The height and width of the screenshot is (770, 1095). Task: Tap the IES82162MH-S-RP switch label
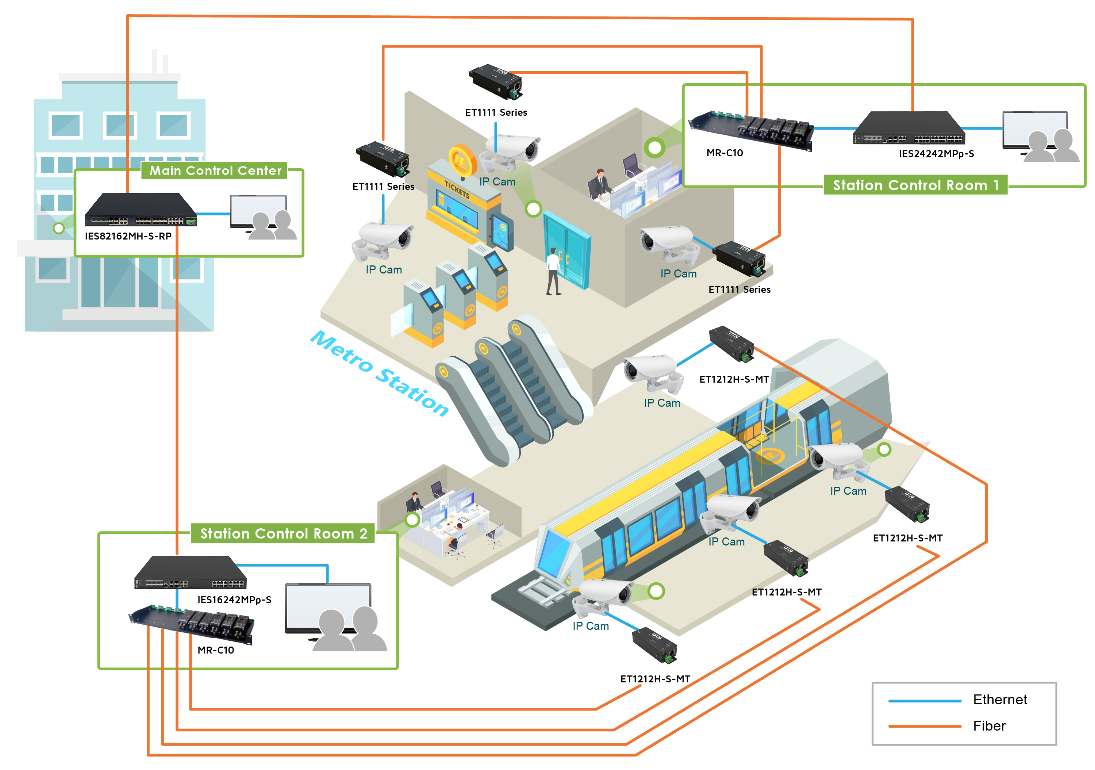[128, 236]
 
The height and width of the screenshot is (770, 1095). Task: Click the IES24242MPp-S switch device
[908, 129]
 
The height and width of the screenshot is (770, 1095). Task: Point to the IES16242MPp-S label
[234, 600]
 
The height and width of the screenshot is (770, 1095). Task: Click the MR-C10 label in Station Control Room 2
[216, 650]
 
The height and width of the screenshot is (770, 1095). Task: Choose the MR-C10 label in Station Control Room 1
[725, 153]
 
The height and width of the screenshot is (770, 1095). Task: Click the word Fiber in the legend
[989, 726]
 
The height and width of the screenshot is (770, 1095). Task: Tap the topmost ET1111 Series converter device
[496, 81]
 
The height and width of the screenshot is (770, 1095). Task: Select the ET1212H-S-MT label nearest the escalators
[734, 379]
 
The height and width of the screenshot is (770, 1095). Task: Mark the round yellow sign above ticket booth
[462, 160]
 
